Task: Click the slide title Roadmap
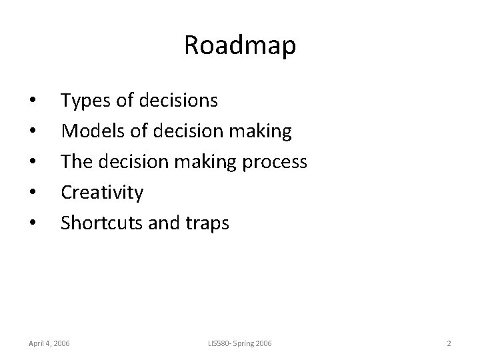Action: [x=240, y=46]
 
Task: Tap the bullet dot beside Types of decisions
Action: [x=33, y=101]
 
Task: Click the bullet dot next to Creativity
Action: [x=33, y=193]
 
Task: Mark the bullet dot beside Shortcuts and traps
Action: [x=33, y=224]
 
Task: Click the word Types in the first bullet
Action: [x=83, y=101]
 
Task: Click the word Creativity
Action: [x=102, y=193]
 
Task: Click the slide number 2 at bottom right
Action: [x=449, y=343]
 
